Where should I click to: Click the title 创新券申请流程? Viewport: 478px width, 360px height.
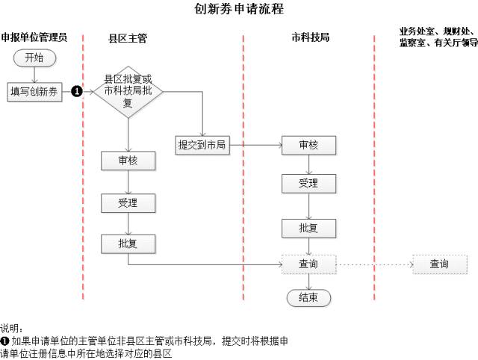pos(238,10)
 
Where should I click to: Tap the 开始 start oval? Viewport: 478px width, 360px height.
pos(34,58)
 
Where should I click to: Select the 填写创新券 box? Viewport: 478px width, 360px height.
pos(34,91)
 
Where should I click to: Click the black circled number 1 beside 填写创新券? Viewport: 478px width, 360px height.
pos(76,91)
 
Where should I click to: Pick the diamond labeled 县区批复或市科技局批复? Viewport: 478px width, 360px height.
pos(128,91)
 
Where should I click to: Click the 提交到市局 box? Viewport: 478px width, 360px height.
pos(202,145)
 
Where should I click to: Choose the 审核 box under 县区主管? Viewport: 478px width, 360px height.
pos(128,161)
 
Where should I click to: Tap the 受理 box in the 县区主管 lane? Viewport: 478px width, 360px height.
pos(128,202)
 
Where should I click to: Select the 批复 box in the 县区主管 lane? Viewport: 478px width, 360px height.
pos(128,243)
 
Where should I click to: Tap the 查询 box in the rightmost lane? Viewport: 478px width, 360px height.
pos(440,264)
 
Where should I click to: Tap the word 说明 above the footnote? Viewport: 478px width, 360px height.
pos(11,328)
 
